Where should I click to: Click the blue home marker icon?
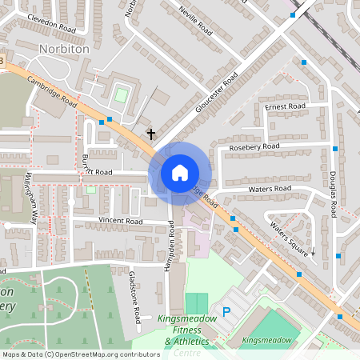click(180, 172)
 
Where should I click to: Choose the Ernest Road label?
click(286, 106)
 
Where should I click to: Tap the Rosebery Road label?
click(254, 147)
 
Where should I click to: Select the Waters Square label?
click(288, 238)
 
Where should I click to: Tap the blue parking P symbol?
click(226, 312)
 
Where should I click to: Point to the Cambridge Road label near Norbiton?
click(51, 92)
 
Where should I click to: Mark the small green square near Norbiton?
click(121, 95)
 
